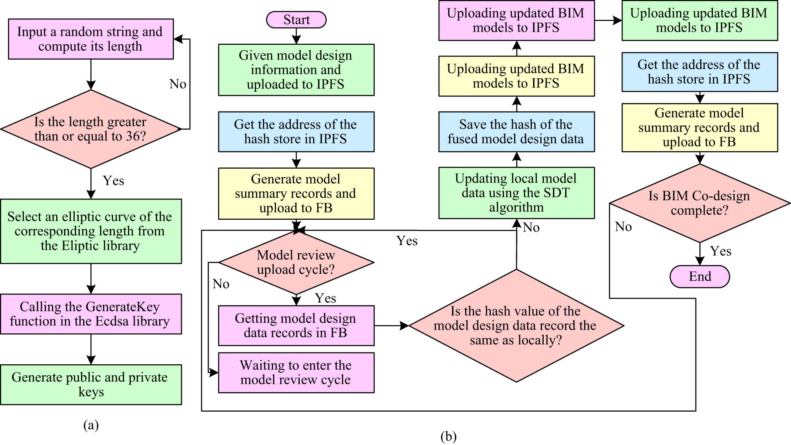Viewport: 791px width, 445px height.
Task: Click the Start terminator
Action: pyautogui.click(x=296, y=20)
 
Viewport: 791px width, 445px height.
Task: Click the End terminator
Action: pyautogui.click(x=699, y=276)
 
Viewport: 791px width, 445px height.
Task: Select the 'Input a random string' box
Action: pyautogui.click(x=91, y=39)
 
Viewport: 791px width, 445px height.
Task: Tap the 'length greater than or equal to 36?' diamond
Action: pyautogui.click(x=91, y=129)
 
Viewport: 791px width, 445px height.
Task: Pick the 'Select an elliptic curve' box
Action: pyautogui.click(x=91, y=231)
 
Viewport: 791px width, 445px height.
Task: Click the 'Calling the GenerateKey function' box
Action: pyautogui.click(x=91, y=314)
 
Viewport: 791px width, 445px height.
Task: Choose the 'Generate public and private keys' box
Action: pyautogui.click(x=91, y=385)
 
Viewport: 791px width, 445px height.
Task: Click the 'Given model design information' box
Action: pyautogui.click(x=296, y=70)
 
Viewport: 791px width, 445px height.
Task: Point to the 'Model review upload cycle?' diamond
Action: pyautogui.click(x=296, y=262)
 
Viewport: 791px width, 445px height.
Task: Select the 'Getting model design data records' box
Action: pyautogui.click(x=296, y=325)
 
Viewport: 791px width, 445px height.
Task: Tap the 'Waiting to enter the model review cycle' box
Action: pyautogui.click(x=296, y=372)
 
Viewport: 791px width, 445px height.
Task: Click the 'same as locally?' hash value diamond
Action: pyautogui.click(x=516, y=326)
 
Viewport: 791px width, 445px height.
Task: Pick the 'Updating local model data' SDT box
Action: pyautogui.click(x=516, y=193)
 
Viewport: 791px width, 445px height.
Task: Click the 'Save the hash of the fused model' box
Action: pyautogui.click(x=516, y=132)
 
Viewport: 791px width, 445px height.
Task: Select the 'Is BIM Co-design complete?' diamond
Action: pyautogui.click(x=699, y=203)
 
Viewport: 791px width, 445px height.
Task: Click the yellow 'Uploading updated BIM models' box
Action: pyautogui.click(x=516, y=76)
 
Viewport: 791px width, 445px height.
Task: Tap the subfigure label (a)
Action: pyautogui.click(x=91, y=425)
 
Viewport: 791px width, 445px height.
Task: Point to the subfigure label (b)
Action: pyautogui.click(x=448, y=436)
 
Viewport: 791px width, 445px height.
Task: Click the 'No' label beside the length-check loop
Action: pyautogui.click(x=178, y=84)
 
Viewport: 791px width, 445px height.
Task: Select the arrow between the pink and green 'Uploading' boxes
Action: pyautogui.click(x=608, y=20)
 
